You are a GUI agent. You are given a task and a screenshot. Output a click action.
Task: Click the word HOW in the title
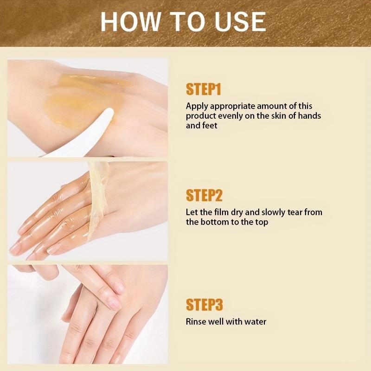pos(131,21)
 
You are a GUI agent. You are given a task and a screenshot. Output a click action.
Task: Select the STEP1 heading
pos(204,89)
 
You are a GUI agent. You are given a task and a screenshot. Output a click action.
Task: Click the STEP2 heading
pos(204,195)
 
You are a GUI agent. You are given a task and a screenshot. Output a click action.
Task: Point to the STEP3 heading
pos(205,305)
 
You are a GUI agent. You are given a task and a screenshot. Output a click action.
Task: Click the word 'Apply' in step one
pos(197,107)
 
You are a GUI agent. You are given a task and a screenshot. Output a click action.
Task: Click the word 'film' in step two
pos(221,212)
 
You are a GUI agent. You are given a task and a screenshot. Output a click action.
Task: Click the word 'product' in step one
pos(201,116)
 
